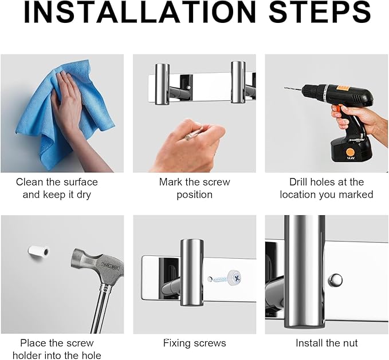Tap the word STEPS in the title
(320, 12)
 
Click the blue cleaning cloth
(62, 116)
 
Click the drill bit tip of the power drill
(285, 88)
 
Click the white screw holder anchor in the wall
(39, 251)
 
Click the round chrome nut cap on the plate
(335, 280)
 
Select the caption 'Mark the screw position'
(195, 188)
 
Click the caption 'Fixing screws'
(195, 343)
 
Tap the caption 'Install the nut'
(327, 343)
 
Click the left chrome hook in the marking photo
(163, 84)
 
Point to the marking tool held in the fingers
(192, 134)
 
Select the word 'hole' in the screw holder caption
(91, 355)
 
